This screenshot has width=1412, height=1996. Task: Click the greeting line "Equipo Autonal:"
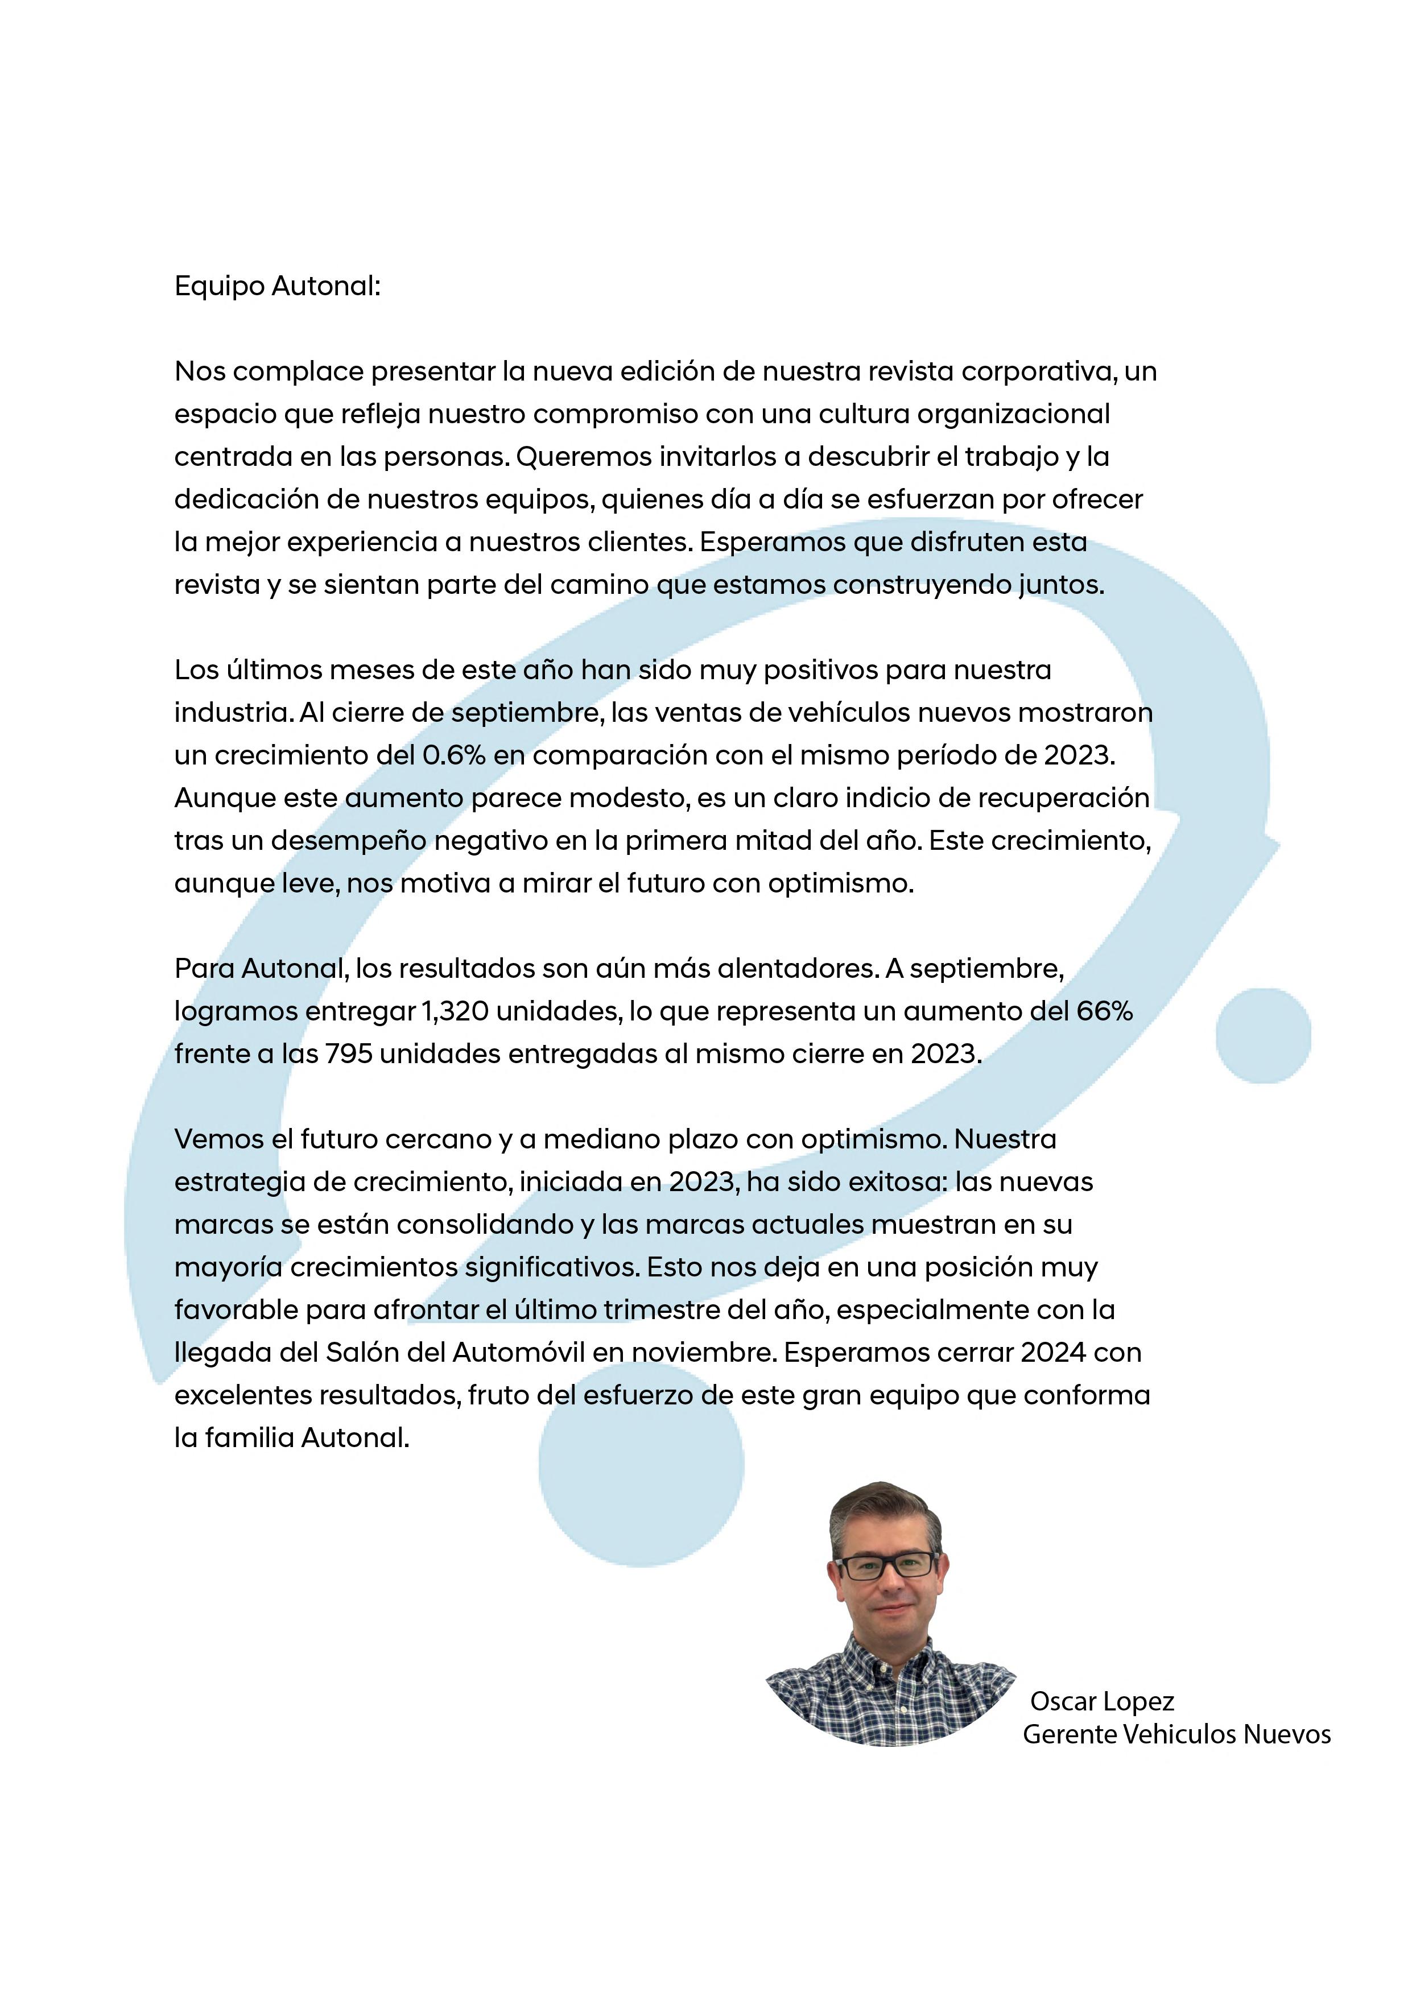point(278,286)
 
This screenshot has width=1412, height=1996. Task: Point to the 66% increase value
point(1104,1011)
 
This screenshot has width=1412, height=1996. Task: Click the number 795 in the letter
point(349,1053)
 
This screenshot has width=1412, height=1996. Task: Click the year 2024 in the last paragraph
point(1054,1352)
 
